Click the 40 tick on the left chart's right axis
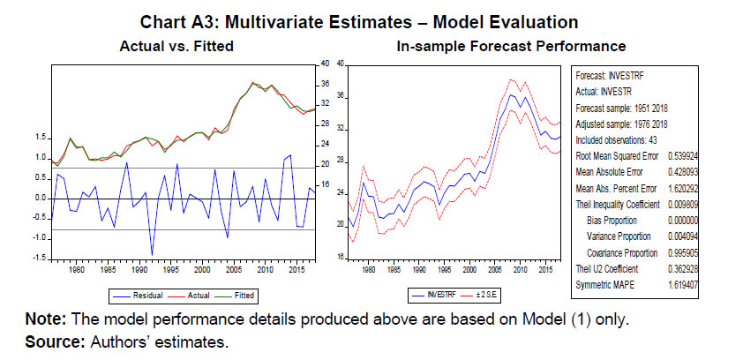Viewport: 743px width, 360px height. [x=325, y=64]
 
